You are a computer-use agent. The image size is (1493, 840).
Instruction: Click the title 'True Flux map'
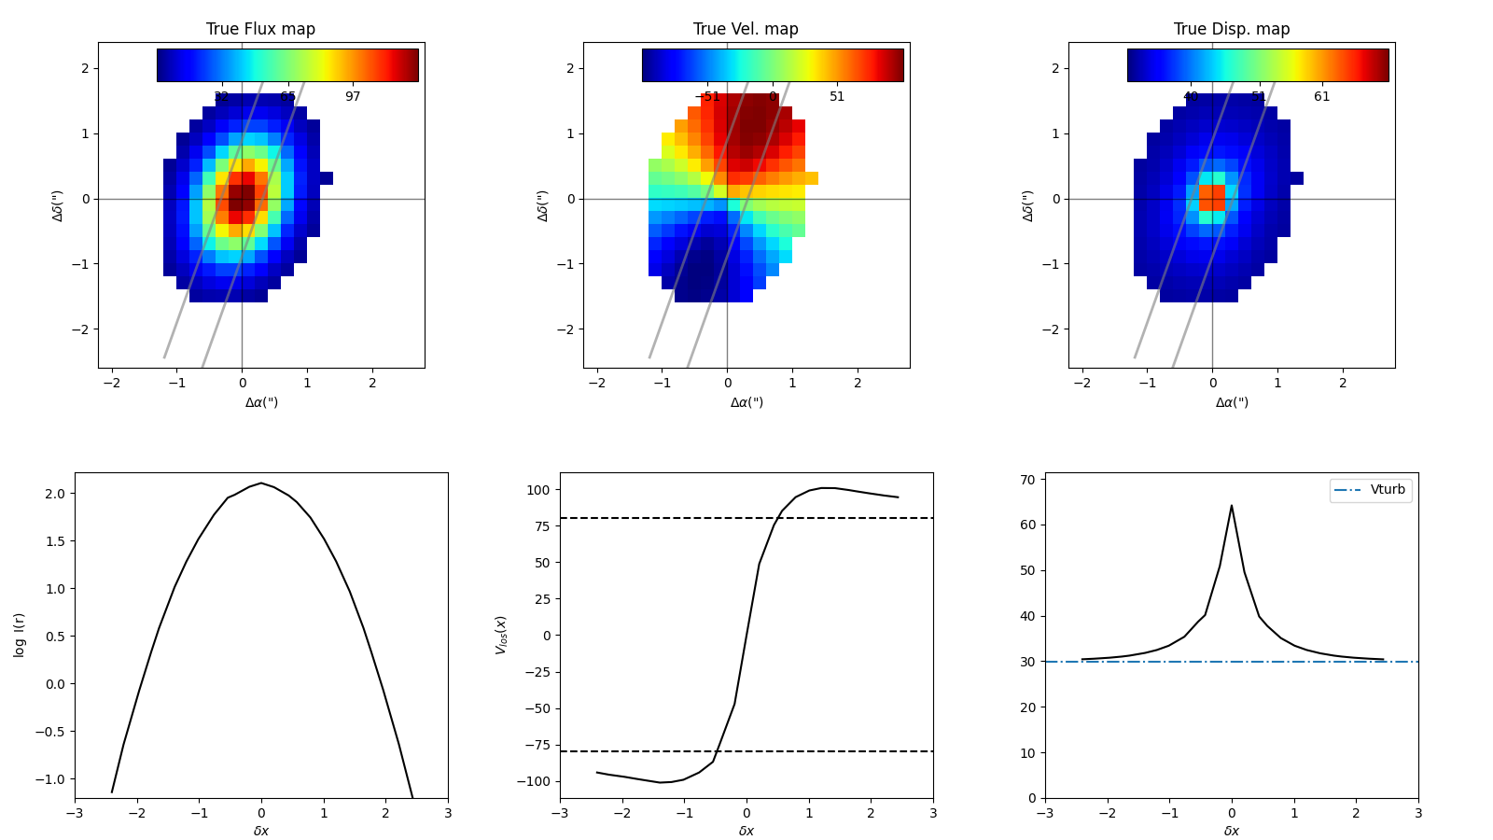(x=260, y=29)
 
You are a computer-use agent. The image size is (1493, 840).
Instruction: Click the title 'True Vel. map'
(x=746, y=29)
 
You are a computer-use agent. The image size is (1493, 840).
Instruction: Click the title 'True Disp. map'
(x=1231, y=29)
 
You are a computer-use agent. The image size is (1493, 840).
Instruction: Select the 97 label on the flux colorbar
(x=352, y=97)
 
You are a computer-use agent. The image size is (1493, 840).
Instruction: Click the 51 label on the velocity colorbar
(x=837, y=97)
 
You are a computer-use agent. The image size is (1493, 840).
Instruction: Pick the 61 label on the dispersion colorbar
(x=1322, y=97)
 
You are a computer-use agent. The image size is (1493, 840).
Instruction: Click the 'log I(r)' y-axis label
(x=20, y=635)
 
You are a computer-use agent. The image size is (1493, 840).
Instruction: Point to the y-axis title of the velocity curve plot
(x=501, y=635)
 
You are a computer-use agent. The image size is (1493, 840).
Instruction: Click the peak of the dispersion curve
(x=1232, y=506)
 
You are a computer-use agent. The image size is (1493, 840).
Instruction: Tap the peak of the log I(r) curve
(x=261, y=483)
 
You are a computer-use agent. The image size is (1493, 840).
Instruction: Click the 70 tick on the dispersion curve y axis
(x=1027, y=480)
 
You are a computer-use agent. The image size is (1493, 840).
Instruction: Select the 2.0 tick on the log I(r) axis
(x=56, y=494)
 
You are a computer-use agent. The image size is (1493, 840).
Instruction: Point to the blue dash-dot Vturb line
(x=1120, y=662)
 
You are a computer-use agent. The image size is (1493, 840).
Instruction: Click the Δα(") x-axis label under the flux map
(x=261, y=402)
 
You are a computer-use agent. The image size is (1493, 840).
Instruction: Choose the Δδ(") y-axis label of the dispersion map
(x=1027, y=205)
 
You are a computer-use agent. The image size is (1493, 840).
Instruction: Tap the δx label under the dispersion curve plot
(x=1232, y=831)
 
